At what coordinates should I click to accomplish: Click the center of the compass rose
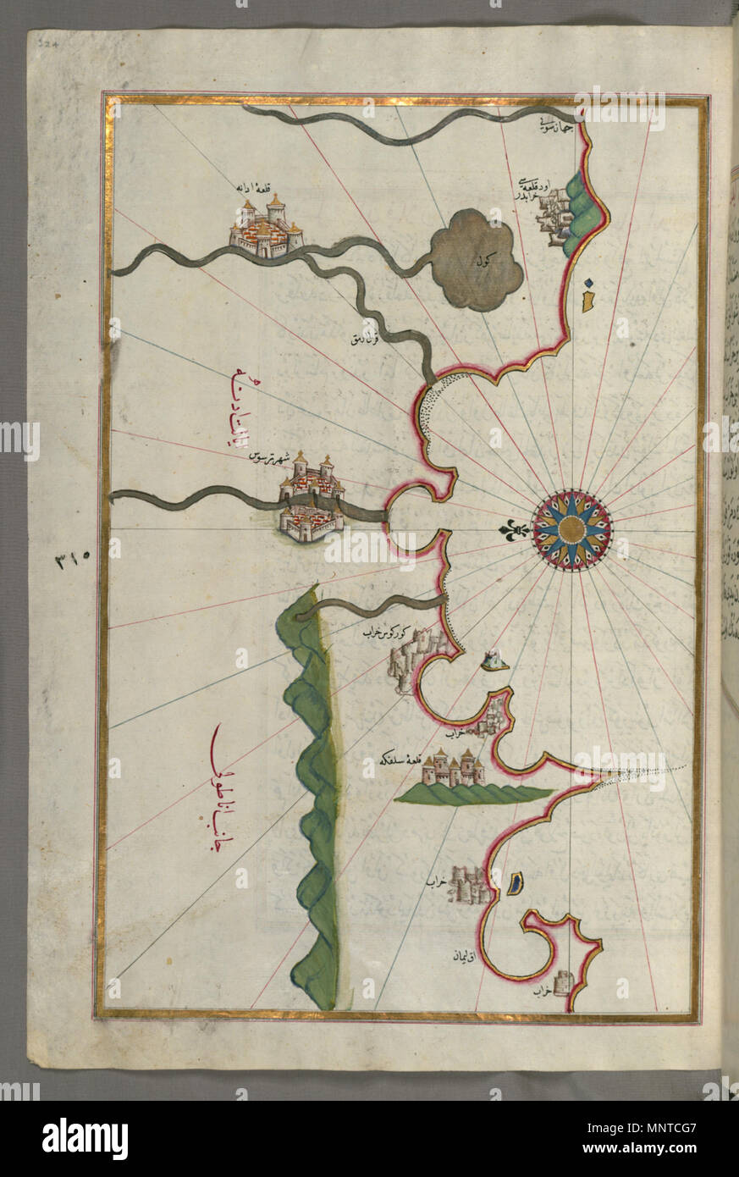pos(572,530)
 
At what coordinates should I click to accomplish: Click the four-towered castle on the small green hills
pos(453,771)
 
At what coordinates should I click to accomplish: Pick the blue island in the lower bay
pos(513,885)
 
